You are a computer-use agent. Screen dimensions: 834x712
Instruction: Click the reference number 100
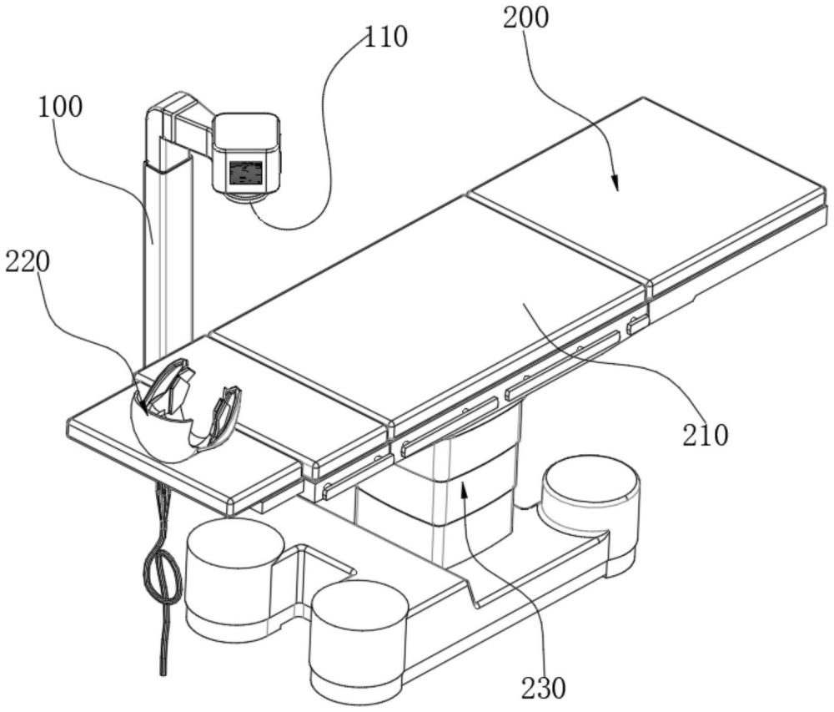[60, 107]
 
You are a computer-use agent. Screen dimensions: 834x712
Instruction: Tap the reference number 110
[385, 38]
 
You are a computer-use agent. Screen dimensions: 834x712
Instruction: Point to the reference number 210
[706, 435]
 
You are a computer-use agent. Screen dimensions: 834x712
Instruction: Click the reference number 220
[28, 262]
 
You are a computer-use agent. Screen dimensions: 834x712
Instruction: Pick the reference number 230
[544, 688]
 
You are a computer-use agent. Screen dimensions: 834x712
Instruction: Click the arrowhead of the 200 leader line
[615, 184]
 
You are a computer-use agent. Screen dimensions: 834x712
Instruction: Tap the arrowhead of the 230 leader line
[465, 490]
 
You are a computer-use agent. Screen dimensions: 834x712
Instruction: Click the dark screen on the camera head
[246, 173]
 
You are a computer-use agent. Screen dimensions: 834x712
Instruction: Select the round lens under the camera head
[246, 198]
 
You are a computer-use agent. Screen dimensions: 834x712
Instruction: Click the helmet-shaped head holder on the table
[184, 411]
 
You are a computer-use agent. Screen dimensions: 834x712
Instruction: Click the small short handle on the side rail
[638, 324]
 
